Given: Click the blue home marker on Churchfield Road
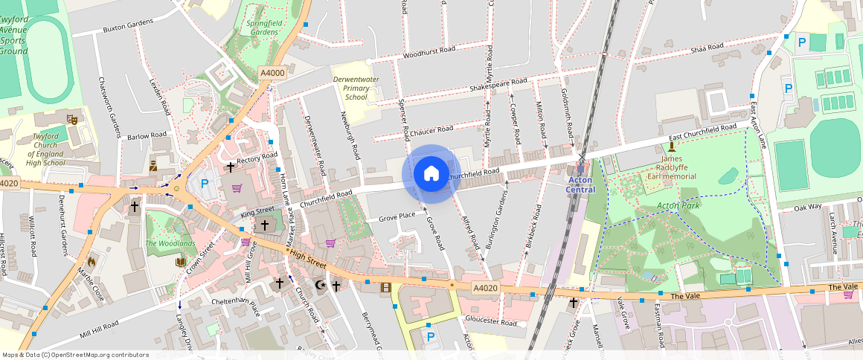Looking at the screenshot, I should pos(431,174).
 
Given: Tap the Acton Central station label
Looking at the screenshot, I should pos(581,184).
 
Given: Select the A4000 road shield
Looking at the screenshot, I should pos(272,73).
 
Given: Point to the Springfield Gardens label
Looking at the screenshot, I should pos(263,28).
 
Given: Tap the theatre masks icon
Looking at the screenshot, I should pos(72,118).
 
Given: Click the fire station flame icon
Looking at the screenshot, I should pos(92,261).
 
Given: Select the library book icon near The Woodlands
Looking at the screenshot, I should pos(180,262).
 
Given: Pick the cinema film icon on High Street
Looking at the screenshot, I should pos(385,286).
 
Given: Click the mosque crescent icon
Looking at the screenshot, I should pos(321,285).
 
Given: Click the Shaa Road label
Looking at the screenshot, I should pos(707,48).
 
